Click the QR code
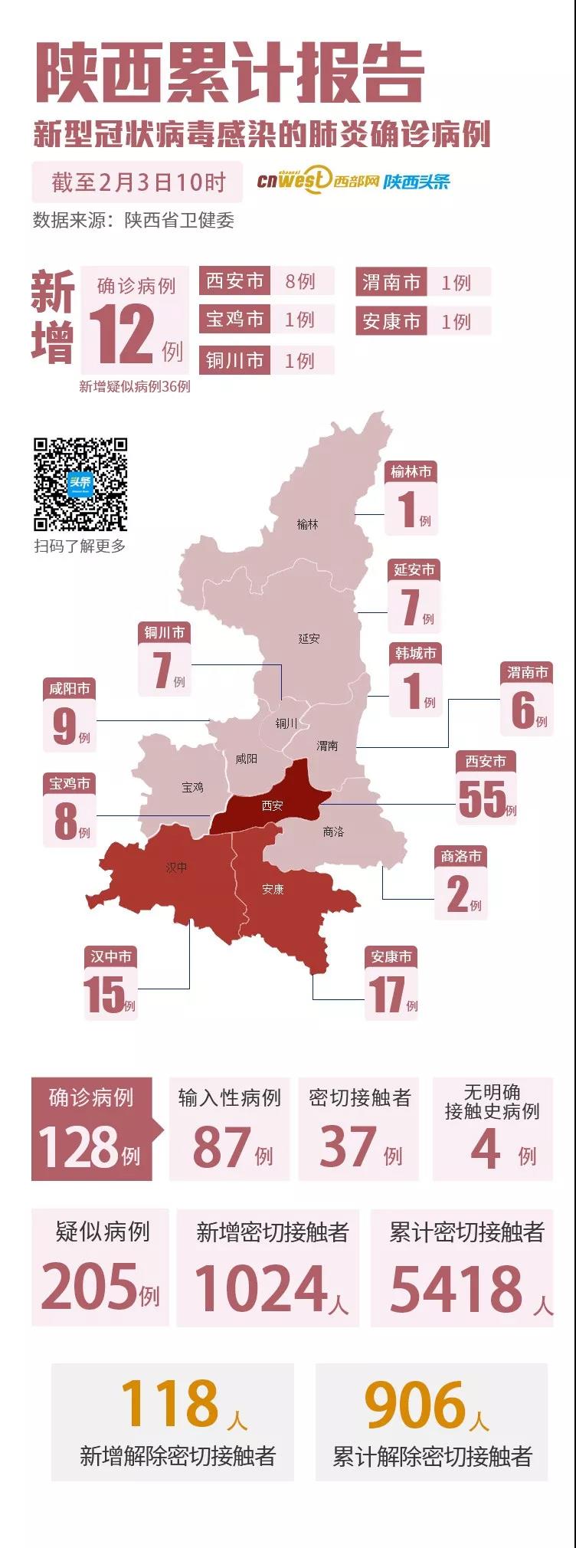(80, 484)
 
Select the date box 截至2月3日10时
(138, 182)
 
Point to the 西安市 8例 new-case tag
(267, 281)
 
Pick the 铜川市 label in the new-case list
(234, 360)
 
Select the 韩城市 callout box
(415, 679)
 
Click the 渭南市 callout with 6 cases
(526, 698)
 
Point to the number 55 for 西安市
(482, 799)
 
